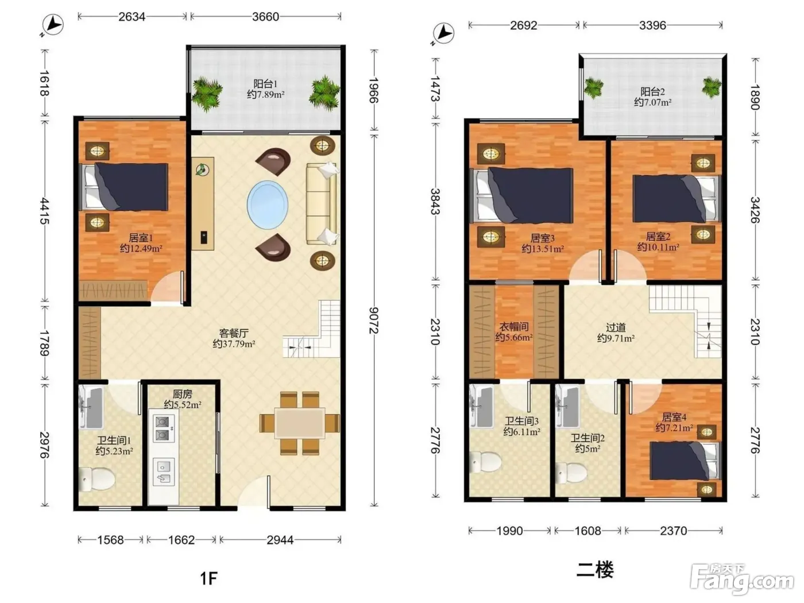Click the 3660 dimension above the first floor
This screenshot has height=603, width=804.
(x=265, y=17)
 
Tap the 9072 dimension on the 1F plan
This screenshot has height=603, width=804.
(x=374, y=320)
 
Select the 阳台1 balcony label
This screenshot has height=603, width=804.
(x=265, y=84)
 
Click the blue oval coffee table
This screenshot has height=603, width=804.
(x=268, y=204)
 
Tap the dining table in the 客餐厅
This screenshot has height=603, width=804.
(x=300, y=423)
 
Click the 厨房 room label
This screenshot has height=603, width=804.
(x=183, y=394)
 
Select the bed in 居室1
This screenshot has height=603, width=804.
(x=124, y=187)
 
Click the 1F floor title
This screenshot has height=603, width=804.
(x=209, y=578)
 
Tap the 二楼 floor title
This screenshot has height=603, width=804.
(x=595, y=570)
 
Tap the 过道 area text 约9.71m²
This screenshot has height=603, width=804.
(x=616, y=338)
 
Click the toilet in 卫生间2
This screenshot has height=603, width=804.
(x=571, y=473)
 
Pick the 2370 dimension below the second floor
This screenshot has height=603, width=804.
(x=673, y=531)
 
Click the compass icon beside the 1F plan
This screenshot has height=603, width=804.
(x=52, y=25)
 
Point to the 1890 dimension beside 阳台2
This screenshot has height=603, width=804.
(x=755, y=97)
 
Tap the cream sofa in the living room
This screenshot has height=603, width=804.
(x=322, y=203)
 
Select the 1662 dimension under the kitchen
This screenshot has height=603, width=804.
(x=181, y=540)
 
